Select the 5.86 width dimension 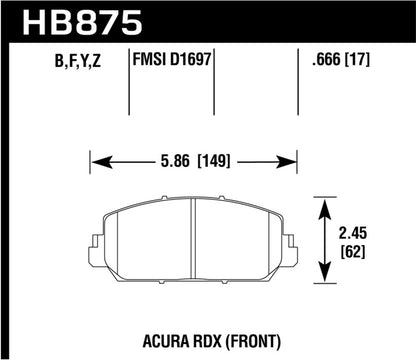point(172,157)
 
